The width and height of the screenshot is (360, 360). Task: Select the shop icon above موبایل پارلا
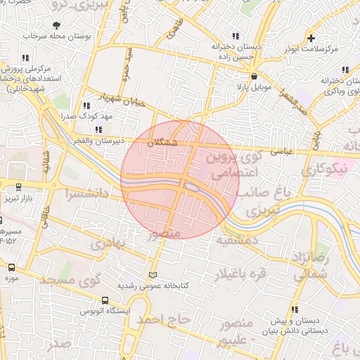[x=254, y=77]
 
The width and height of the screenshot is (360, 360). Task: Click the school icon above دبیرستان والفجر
[x=98, y=129]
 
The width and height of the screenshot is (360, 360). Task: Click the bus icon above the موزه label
[x=11, y=268]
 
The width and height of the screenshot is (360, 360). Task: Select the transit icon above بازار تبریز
[x=18, y=186]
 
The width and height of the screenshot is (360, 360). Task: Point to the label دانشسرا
[x=89, y=192]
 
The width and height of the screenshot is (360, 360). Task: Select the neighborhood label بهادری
[x=108, y=243]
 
